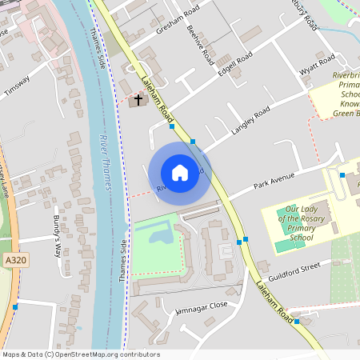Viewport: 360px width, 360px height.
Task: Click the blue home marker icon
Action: tap(180, 172)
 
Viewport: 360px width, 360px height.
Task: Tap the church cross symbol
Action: tap(138, 100)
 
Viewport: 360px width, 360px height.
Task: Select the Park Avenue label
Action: tap(274, 179)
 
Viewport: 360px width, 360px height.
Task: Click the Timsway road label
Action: tap(17, 86)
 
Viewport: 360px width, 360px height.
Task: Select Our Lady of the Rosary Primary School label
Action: tap(295, 222)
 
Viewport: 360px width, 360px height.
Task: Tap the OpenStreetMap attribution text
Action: tap(80, 354)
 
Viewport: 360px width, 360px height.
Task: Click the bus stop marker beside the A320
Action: tap(15, 306)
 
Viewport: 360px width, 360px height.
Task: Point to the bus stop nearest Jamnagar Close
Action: tap(296, 321)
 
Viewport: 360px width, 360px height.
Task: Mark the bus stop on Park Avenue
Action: tap(342, 174)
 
